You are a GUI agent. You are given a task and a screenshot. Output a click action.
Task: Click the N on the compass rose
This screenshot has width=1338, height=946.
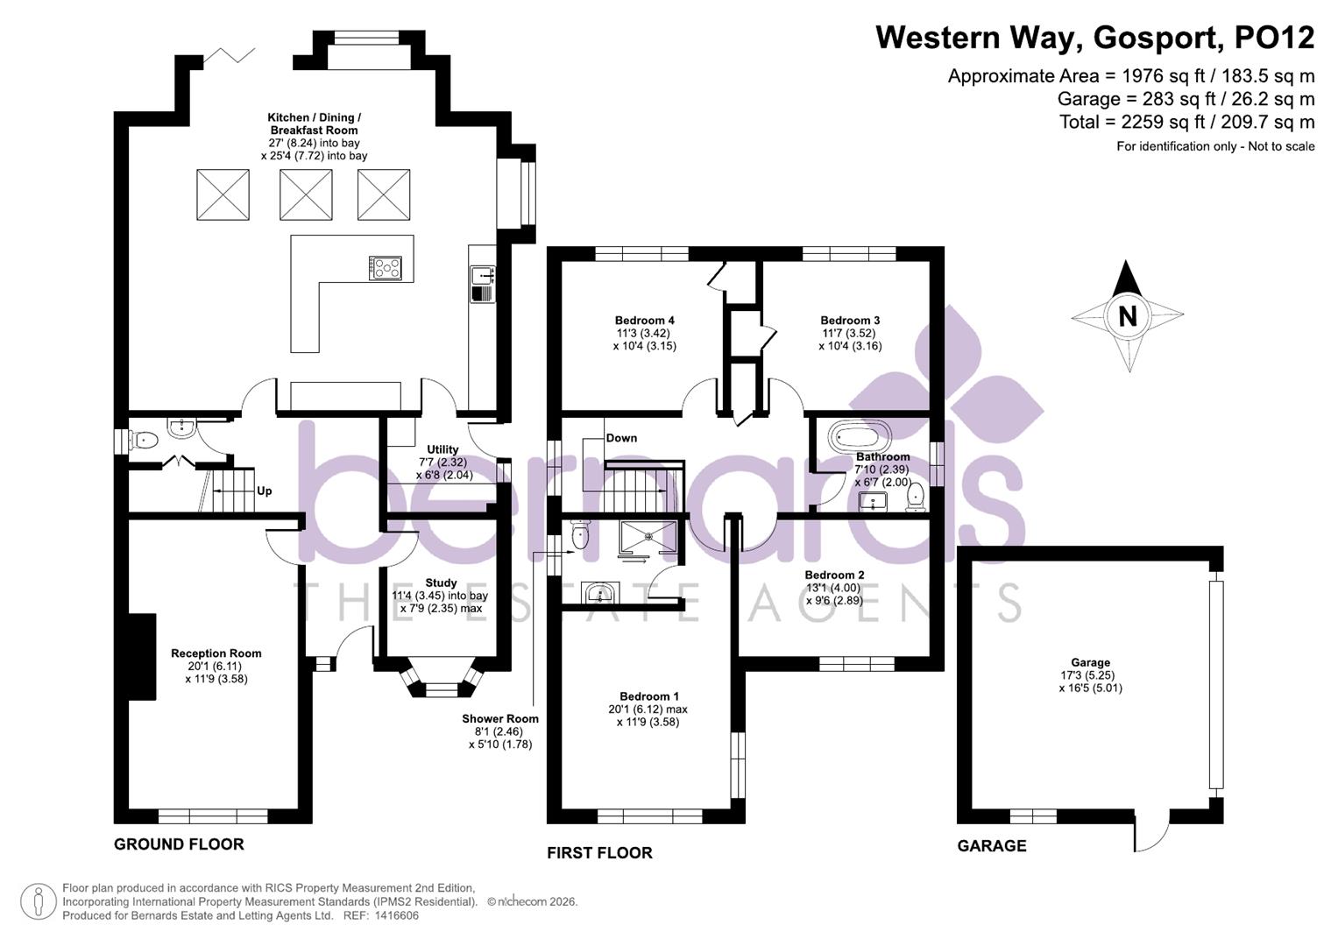tap(1127, 315)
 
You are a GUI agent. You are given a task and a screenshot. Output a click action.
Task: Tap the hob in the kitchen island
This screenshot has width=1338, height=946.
tap(385, 268)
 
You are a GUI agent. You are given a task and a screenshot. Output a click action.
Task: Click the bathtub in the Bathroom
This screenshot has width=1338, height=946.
tap(860, 435)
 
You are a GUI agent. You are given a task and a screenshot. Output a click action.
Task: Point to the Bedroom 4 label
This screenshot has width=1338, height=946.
tap(644, 321)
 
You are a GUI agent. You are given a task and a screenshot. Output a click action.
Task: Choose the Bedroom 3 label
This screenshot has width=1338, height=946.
tap(850, 321)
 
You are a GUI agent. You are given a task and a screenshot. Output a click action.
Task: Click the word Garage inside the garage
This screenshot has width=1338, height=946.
tap(1090, 663)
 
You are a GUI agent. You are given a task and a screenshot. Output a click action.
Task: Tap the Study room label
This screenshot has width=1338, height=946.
tap(441, 583)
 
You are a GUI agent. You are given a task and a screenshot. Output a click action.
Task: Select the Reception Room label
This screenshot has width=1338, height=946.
tap(216, 653)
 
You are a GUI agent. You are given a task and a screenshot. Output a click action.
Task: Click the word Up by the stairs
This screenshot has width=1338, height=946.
tap(264, 491)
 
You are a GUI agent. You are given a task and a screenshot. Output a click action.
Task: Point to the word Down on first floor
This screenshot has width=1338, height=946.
tap(621, 438)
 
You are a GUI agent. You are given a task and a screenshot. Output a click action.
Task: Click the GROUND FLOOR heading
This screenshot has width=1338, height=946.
tap(179, 844)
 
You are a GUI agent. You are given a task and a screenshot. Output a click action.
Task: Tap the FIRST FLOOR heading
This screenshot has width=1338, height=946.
tap(599, 853)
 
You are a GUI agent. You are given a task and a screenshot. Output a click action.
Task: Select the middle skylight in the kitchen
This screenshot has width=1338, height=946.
tap(306, 194)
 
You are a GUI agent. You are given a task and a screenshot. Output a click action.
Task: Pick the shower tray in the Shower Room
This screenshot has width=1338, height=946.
tap(648, 539)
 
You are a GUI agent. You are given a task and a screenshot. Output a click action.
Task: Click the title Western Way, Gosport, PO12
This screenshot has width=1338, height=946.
tap(1094, 38)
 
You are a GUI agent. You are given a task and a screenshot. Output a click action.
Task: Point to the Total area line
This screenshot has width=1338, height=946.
tap(1186, 122)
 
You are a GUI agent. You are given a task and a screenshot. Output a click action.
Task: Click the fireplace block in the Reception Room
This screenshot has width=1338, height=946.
tap(142, 656)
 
